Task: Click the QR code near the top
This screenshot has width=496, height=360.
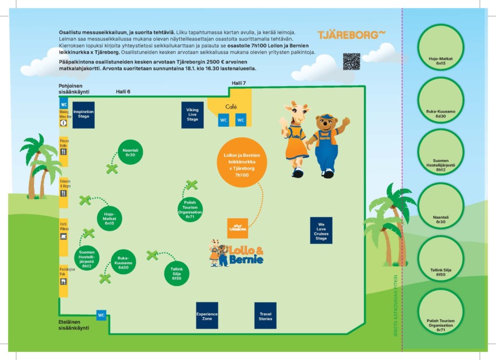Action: click(x=351, y=62)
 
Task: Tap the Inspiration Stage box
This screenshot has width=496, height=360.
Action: click(x=83, y=114)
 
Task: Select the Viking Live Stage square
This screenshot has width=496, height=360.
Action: click(x=192, y=114)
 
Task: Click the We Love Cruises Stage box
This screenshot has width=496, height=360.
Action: click(x=321, y=230)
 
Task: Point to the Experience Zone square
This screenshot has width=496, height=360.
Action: click(x=207, y=316)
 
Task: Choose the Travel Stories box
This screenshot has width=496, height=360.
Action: click(x=265, y=316)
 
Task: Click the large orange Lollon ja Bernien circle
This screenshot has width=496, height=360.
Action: click(x=242, y=162)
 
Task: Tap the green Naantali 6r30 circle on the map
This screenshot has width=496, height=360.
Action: click(x=129, y=152)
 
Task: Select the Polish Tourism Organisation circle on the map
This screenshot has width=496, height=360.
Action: click(x=190, y=209)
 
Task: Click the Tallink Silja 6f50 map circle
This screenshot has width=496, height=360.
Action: click(x=177, y=273)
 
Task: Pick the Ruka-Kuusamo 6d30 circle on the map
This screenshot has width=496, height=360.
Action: click(x=123, y=262)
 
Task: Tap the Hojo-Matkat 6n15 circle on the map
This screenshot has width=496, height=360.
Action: click(x=110, y=219)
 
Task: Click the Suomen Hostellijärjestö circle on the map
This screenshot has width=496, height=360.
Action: click(x=87, y=259)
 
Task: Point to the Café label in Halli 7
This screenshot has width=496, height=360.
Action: click(x=231, y=107)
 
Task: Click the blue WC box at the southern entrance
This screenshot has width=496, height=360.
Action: click(x=101, y=315)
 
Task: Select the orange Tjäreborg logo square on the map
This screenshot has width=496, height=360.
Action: click(x=237, y=228)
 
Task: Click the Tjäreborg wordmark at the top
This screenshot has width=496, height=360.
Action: click(x=351, y=35)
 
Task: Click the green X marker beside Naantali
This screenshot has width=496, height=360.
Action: click(x=112, y=169)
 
